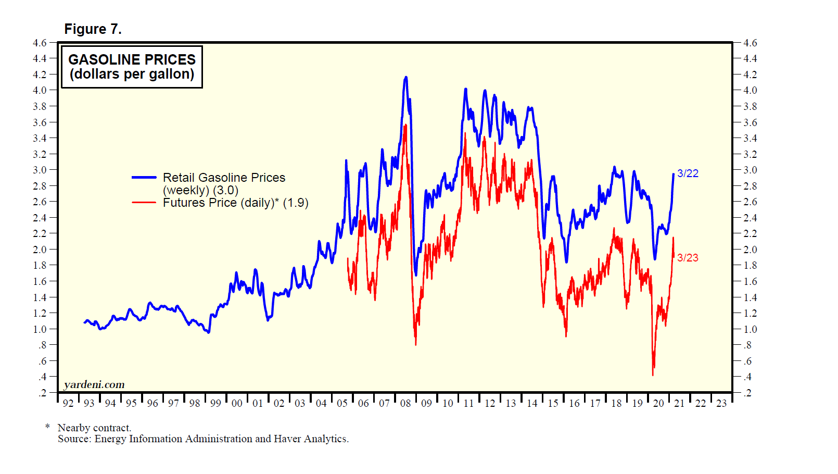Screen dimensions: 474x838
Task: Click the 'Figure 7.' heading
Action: click(93, 29)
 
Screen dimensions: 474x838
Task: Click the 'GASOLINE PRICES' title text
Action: click(132, 59)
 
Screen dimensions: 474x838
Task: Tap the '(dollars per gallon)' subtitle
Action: click(132, 74)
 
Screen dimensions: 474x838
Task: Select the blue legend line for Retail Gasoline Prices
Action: click(144, 178)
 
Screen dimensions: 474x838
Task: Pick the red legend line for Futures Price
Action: click(144, 203)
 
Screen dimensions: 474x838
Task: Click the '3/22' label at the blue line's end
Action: click(688, 173)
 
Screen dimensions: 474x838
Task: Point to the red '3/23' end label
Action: click(688, 258)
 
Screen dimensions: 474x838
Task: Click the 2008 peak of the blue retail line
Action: click(406, 78)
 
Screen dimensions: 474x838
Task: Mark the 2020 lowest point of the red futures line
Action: click(653, 374)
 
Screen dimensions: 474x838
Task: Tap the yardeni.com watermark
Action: click(94, 385)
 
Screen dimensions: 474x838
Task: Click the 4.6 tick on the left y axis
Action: click(40, 43)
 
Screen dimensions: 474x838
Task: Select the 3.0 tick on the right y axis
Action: click(750, 170)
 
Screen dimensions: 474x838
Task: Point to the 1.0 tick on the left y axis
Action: click(40, 329)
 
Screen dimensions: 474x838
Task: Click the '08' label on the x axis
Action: click(405, 403)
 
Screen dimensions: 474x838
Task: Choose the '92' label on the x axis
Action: click(68, 403)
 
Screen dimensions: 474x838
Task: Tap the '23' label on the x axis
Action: click(721, 403)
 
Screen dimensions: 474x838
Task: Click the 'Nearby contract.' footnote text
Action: click(94, 428)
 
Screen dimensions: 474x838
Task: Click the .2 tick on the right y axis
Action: click(747, 393)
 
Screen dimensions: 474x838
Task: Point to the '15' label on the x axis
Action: click(553, 403)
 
